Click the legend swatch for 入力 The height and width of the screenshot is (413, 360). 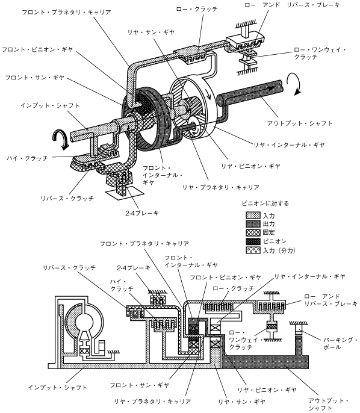(x=253, y=215)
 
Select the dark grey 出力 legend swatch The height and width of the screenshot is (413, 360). (x=253, y=224)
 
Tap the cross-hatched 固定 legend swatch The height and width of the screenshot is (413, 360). (x=253, y=232)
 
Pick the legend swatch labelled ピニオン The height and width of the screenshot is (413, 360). (x=253, y=241)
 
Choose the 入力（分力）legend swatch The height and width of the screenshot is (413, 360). (x=253, y=250)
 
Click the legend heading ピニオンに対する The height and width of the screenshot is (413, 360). (x=265, y=203)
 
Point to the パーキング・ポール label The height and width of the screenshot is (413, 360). (x=340, y=343)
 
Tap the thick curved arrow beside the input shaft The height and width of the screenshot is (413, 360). (x=61, y=139)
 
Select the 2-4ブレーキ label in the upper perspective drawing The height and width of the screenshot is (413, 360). (x=142, y=213)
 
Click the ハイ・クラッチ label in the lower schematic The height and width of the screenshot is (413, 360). (x=122, y=285)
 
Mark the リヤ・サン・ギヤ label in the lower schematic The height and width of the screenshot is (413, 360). (x=241, y=402)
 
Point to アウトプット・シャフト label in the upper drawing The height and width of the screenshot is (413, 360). (x=300, y=123)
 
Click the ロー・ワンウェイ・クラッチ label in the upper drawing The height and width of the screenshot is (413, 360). (x=320, y=53)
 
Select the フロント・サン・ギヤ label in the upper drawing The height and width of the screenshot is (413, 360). (x=35, y=78)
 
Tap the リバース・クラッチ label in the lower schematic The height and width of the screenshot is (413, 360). (x=69, y=268)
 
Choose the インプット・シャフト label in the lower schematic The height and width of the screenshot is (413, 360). (x=58, y=388)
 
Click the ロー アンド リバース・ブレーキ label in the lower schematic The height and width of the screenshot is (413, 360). (x=331, y=300)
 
